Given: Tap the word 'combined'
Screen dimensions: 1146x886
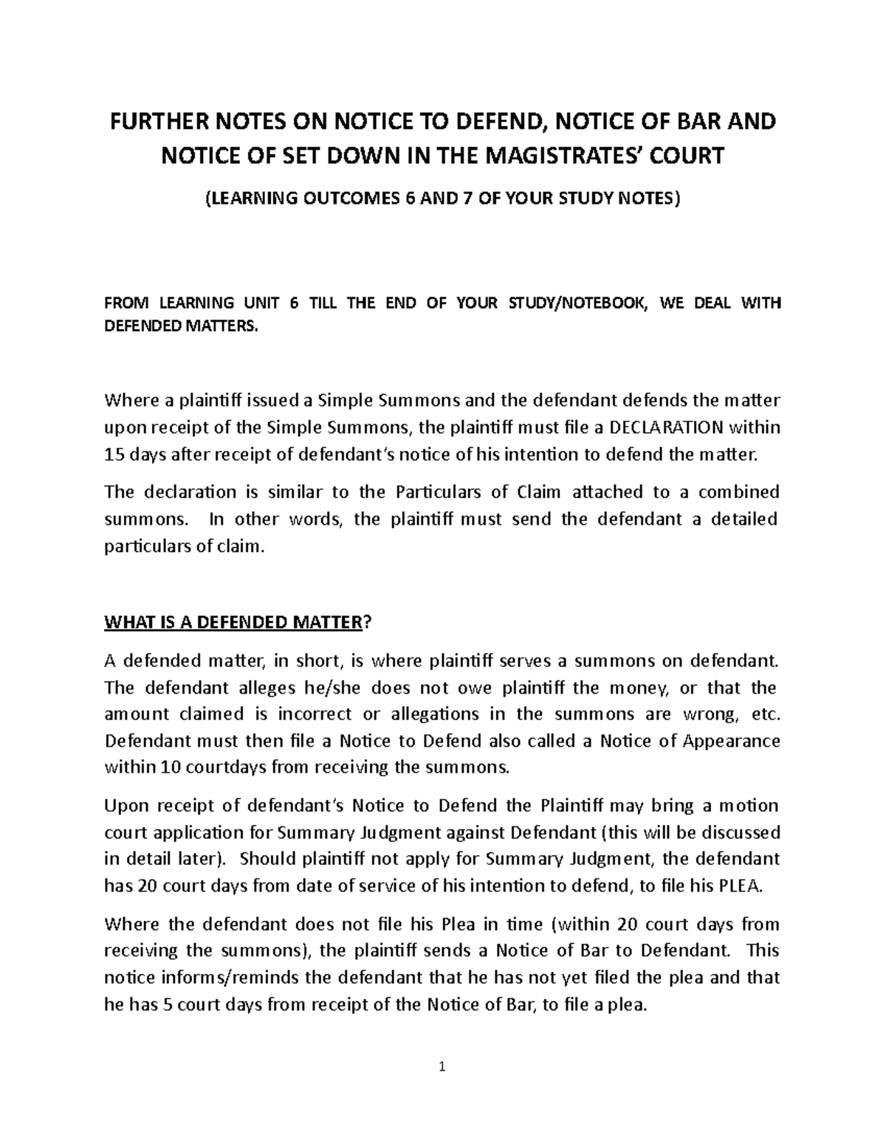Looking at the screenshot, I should pyautogui.click(x=739, y=492).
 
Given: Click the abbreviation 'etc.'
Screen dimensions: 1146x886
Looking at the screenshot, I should pyautogui.click(x=763, y=714).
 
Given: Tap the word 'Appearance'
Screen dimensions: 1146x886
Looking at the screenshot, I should pyautogui.click(x=729, y=740).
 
